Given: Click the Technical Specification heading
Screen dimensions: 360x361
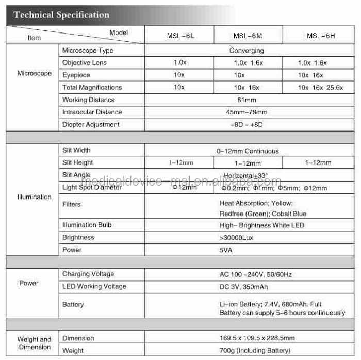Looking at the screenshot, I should pyautogui.click(x=61, y=14).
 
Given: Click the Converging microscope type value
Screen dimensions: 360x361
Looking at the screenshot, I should pyautogui.click(x=247, y=51).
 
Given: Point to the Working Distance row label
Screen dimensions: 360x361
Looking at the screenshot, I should pyautogui.click(x=88, y=100).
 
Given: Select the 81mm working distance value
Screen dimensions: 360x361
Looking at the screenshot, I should pyautogui.click(x=247, y=100).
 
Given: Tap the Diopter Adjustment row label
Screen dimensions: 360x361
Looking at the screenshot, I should pyautogui.click(x=91, y=125).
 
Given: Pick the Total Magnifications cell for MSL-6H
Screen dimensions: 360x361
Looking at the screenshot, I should pyautogui.click(x=320, y=88).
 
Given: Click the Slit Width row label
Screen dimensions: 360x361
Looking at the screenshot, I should pyautogui.click(x=76, y=151).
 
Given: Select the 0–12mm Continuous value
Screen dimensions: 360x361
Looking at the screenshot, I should pyautogui.click(x=248, y=151).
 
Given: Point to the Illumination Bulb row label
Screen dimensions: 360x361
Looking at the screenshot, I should pyautogui.click(x=87, y=225).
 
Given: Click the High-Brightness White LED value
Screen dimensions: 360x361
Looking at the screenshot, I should pyautogui.click(x=262, y=225).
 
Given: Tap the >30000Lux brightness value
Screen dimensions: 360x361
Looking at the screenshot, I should pyautogui.click(x=236, y=238).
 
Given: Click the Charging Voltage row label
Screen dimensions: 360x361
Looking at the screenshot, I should pyautogui.click(x=88, y=274).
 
